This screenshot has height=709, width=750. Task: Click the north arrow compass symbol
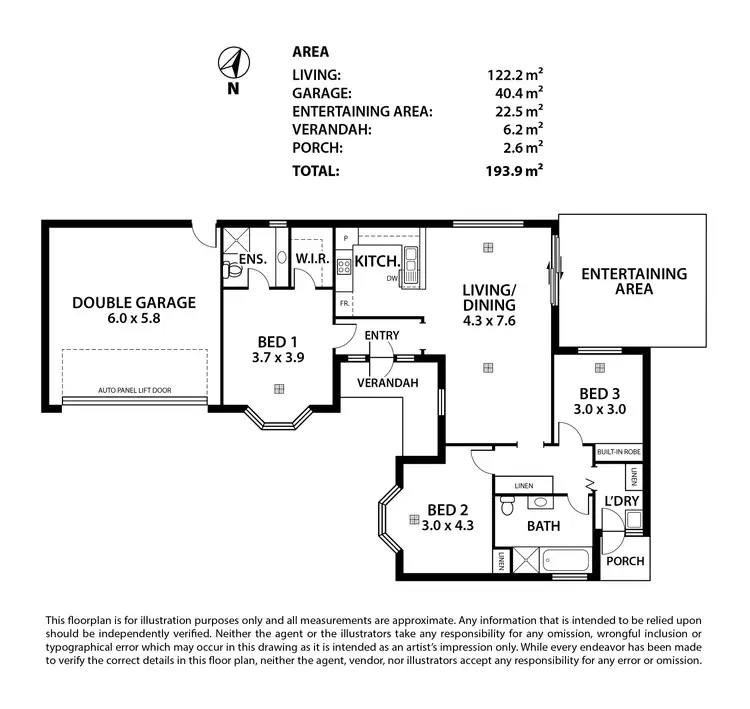(233, 65)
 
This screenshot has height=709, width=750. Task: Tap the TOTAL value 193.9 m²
(513, 171)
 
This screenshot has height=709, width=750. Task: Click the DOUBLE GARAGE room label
(133, 303)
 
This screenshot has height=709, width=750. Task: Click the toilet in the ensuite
(230, 267)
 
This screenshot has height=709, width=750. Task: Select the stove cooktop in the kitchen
(343, 266)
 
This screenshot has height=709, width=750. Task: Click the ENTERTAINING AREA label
(634, 281)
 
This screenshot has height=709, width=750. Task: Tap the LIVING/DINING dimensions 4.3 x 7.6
(488, 322)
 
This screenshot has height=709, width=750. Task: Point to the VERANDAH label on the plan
(386, 383)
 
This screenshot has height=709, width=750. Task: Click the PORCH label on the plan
(626, 561)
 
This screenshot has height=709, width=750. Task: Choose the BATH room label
(543, 526)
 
